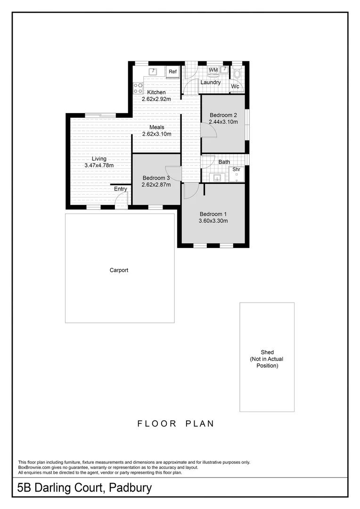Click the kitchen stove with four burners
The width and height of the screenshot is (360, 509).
point(138,87)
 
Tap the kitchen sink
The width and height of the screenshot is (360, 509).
point(153,72)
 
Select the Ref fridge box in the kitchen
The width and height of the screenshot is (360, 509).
point(173,72)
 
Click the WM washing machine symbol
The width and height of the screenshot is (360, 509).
point(213,70)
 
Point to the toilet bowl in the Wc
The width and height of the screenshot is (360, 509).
point(237,73)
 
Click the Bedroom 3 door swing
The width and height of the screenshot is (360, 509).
point(173,174)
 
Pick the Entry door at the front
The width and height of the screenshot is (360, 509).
point(122,200)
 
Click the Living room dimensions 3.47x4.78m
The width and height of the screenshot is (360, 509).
point(99,165)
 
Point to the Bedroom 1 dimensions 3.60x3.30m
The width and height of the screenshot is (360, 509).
point(213,220)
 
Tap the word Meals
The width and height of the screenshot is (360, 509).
point(156,127)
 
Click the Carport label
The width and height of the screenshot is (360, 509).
point(119,270)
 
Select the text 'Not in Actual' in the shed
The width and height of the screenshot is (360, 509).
point(267,359)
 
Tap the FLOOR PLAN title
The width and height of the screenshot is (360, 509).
point(176,424)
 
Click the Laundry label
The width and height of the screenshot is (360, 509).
point(210,82)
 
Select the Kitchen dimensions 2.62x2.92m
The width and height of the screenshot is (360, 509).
point(156,99)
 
